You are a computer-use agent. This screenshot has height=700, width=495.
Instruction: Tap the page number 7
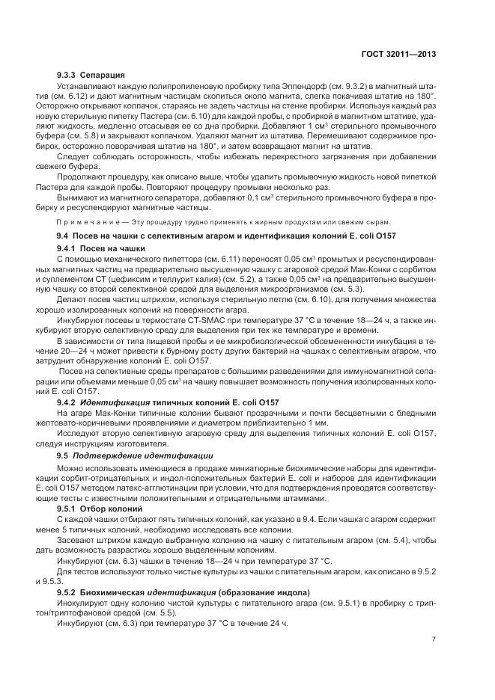[435, 639]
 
